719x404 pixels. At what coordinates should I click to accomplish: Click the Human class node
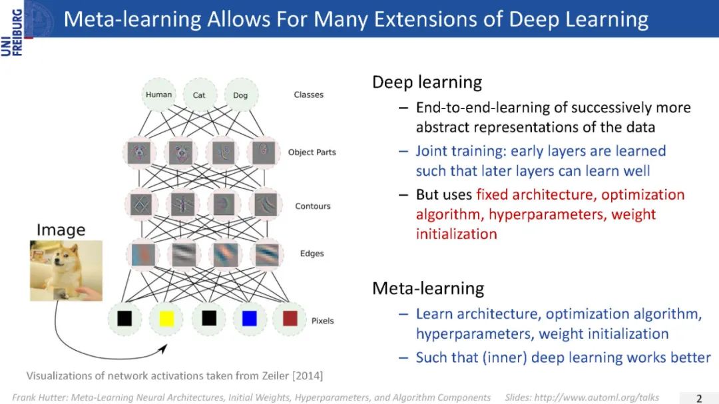point(158,95)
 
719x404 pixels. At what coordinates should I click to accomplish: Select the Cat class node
point(199,95)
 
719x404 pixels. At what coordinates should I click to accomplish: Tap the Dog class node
point(240,95)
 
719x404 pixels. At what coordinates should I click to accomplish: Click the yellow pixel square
point(166,319)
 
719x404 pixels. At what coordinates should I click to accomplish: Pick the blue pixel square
point(250,319)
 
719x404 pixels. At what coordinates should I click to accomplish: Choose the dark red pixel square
point(290,319)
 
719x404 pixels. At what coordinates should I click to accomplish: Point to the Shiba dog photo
point(66,270)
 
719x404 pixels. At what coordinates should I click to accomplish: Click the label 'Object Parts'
point(312,152)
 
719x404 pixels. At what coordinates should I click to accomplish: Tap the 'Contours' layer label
point(313,206)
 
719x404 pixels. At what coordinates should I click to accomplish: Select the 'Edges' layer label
point(312,254)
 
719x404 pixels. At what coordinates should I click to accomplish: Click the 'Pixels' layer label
point(322,321)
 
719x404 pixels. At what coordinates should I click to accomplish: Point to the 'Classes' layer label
point(309,95)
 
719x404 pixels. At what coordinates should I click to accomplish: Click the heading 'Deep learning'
point(427,83)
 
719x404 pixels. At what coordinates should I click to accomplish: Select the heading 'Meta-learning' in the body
point(428,288)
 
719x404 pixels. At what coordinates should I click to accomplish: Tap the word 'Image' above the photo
point(61,230)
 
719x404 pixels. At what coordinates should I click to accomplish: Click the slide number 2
point(699,398)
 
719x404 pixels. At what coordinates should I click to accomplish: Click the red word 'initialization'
point(456,234)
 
